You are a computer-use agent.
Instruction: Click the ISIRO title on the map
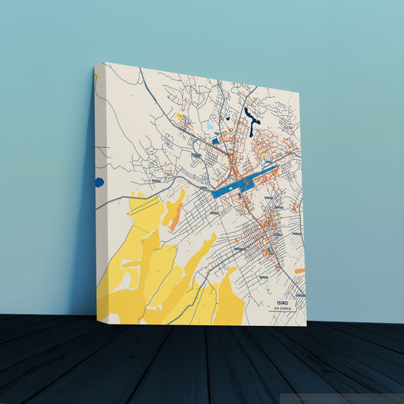coord(283,302)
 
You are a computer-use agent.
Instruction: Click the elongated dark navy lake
coord(251,117)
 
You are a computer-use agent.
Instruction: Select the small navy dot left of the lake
coord(227,118)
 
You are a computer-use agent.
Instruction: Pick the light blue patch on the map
coord(210,124)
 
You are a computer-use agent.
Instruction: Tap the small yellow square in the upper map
coord(180,117)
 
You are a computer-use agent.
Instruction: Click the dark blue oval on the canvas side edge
coord(99,182)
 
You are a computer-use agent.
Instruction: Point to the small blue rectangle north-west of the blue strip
coord(215,140)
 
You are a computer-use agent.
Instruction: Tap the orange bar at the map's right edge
coord(299,271)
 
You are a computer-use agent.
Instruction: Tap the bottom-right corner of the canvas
coord(306,326)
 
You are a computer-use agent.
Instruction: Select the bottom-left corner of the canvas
coord(97,324)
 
